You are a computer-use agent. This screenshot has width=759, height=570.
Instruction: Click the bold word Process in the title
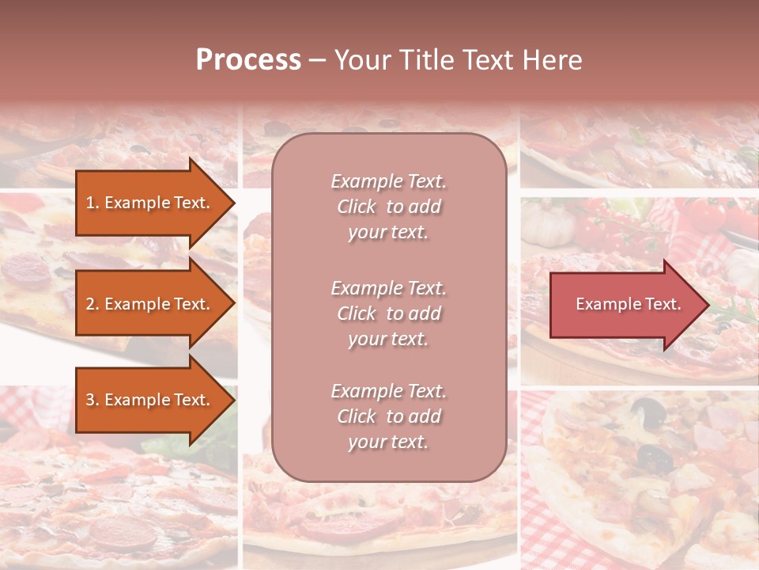[248, 59]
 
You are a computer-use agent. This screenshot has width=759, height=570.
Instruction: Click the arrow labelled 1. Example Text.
[150, 203]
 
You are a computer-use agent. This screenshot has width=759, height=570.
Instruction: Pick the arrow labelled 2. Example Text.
[150, 304]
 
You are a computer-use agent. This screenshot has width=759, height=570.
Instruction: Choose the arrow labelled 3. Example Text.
[150, 400]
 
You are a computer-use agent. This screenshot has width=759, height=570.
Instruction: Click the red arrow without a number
[625, 304]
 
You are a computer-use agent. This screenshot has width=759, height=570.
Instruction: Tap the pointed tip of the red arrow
[707, 305]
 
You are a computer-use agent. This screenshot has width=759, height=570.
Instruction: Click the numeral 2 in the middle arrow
[90, 304]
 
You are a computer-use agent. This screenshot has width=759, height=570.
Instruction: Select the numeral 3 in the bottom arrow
[90, 400]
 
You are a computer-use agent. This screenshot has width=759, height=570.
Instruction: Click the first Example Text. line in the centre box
[388, 181]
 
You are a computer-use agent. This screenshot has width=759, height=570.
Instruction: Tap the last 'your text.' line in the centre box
[388, 442]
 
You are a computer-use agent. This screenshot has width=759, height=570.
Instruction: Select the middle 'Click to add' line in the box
[388, 313]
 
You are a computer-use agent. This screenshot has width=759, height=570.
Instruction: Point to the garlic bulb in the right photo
[551, 224]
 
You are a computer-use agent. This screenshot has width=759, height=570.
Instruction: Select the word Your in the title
[359, 59]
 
